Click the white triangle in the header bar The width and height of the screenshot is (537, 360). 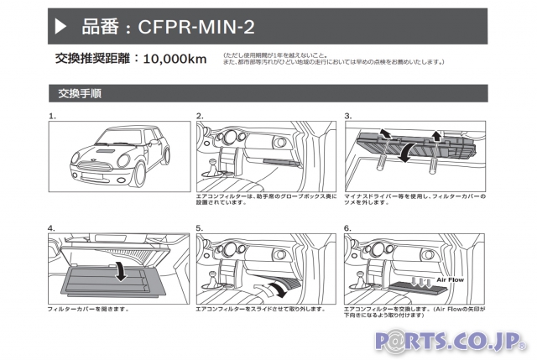click(60, 28)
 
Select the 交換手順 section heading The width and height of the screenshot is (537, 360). click(81, 93)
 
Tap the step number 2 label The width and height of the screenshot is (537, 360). click(200, 116)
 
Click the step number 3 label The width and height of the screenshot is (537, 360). click(347, 116)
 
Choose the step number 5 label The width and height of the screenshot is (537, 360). click(200, 227)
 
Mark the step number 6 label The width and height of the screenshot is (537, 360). click(347, 227)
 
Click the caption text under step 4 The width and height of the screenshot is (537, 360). click(88, 309)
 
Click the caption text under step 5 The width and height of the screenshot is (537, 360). click(259, 309)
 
